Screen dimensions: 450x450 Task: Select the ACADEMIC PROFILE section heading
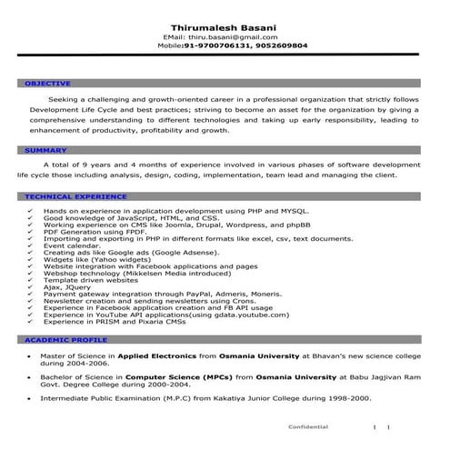pyautogui.click(x=56, y=338)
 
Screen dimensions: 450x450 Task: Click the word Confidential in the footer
pyautogui.click(x=307, y=426)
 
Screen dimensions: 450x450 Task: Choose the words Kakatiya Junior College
pyautogui.click(x=248, y=398)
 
